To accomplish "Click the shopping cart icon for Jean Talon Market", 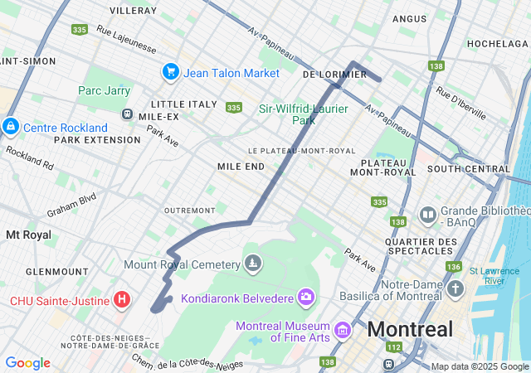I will (x=171, y=72).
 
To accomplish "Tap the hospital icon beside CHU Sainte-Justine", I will (x=122, y=298).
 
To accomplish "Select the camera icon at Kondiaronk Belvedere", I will (x=306, y=296).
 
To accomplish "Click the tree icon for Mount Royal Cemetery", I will (x=253, y=264).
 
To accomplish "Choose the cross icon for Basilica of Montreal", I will (x=455, y=290).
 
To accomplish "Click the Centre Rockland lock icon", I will (x=11, y=127).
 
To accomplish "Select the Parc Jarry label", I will (x=104, y=90).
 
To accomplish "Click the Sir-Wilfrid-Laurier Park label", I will (x=298, y=114).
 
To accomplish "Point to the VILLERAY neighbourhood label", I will (x=133, y=11).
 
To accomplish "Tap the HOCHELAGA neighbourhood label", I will (x=498, y=43).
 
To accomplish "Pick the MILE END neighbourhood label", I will (x=241, y=167).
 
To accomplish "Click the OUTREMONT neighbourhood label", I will (x=189, y=211).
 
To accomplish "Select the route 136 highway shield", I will (x=453, y=266).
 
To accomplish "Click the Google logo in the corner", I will (x=27, y=363).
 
